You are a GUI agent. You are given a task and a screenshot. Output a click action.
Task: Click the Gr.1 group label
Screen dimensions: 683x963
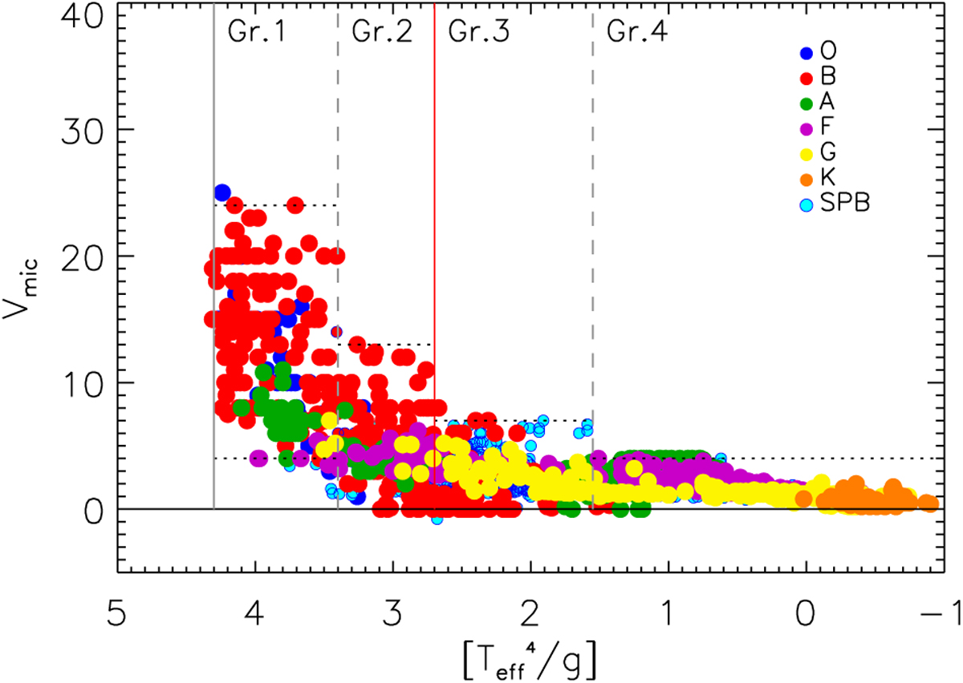[252, 30]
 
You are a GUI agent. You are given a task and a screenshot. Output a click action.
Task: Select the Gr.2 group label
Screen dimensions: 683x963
[382, 30]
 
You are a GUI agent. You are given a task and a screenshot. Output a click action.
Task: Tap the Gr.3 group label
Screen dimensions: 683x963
[478, 30]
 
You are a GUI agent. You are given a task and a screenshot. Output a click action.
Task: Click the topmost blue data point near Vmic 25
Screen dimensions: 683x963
[222, 192]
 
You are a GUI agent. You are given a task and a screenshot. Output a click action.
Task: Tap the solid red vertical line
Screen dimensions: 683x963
[434, 200]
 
